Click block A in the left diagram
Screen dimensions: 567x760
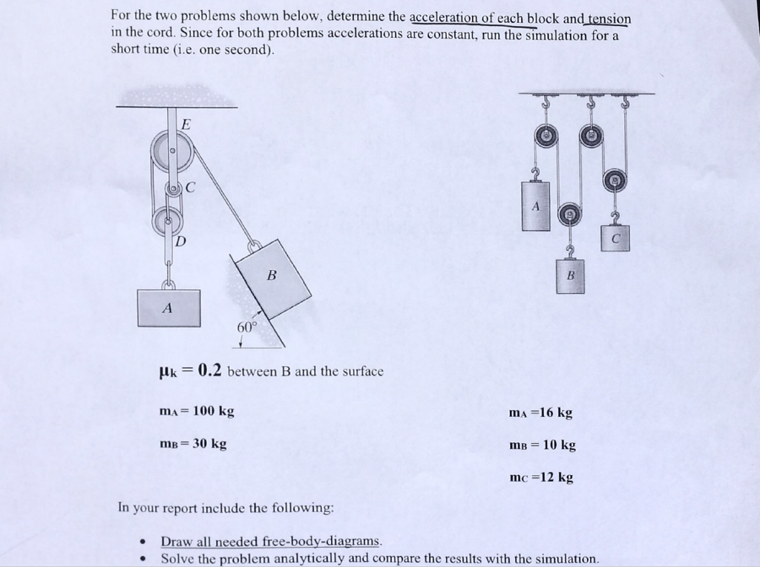168,307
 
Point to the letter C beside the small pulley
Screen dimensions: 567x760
191,188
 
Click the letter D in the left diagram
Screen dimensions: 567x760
180,241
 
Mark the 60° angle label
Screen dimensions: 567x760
246,327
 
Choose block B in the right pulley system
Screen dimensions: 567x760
570,275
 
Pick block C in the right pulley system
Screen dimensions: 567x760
615,237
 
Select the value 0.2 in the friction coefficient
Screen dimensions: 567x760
209,370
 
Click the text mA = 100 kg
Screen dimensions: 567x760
197,411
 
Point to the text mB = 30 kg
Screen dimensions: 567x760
194,444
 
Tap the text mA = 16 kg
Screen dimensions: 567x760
541,413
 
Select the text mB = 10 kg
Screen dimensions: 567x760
542,445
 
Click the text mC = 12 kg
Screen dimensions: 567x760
542,477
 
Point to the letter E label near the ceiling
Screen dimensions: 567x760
186,123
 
